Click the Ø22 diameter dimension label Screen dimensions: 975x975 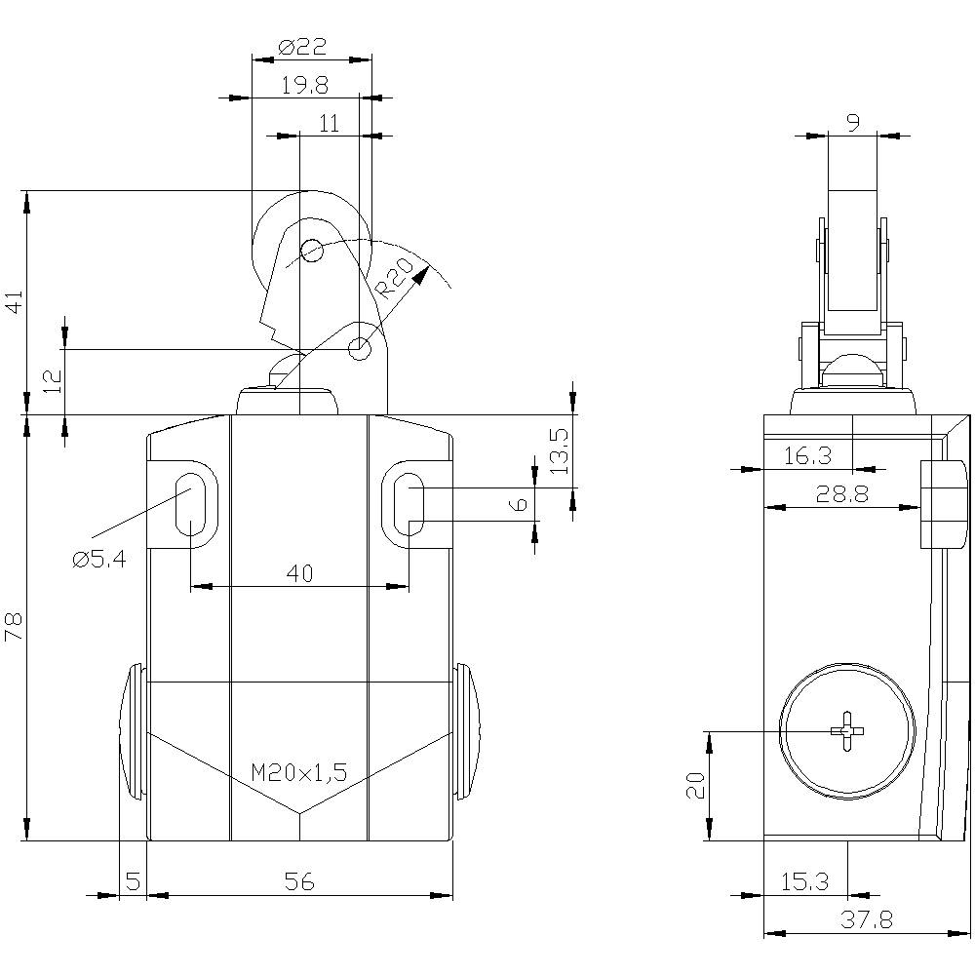pyautogui.click(x=301, y=47)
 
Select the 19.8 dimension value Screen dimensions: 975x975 pyautogui.click(x=304, y=85)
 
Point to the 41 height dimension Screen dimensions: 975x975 pyautogui.click(x=14, y=302)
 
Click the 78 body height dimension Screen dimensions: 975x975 pyautogui.click(x=14, y=627)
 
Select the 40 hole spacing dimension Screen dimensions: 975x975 pyautogui.click(x=300, y=573)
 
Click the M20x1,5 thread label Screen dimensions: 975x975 pyautogui.click(x=298, y=773)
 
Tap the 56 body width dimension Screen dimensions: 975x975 pyautogui.click(x=300, y=881)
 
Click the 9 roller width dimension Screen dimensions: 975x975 pyautogui.click(x=853, y=123)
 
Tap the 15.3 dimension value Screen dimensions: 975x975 pyautogui.click(x=804, y=881)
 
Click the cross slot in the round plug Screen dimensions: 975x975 pyautogui.click(x=846, y=731)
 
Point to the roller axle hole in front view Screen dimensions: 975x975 pyautogui.click(x=311, y=251)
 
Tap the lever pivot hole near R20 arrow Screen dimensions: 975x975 pyautogui.click(x=360, y=347)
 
